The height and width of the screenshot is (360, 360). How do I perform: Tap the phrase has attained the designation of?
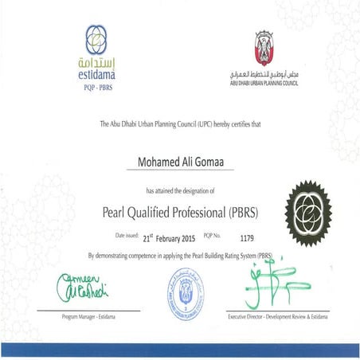point(180,192)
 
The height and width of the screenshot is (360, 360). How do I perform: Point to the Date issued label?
point(126,236)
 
